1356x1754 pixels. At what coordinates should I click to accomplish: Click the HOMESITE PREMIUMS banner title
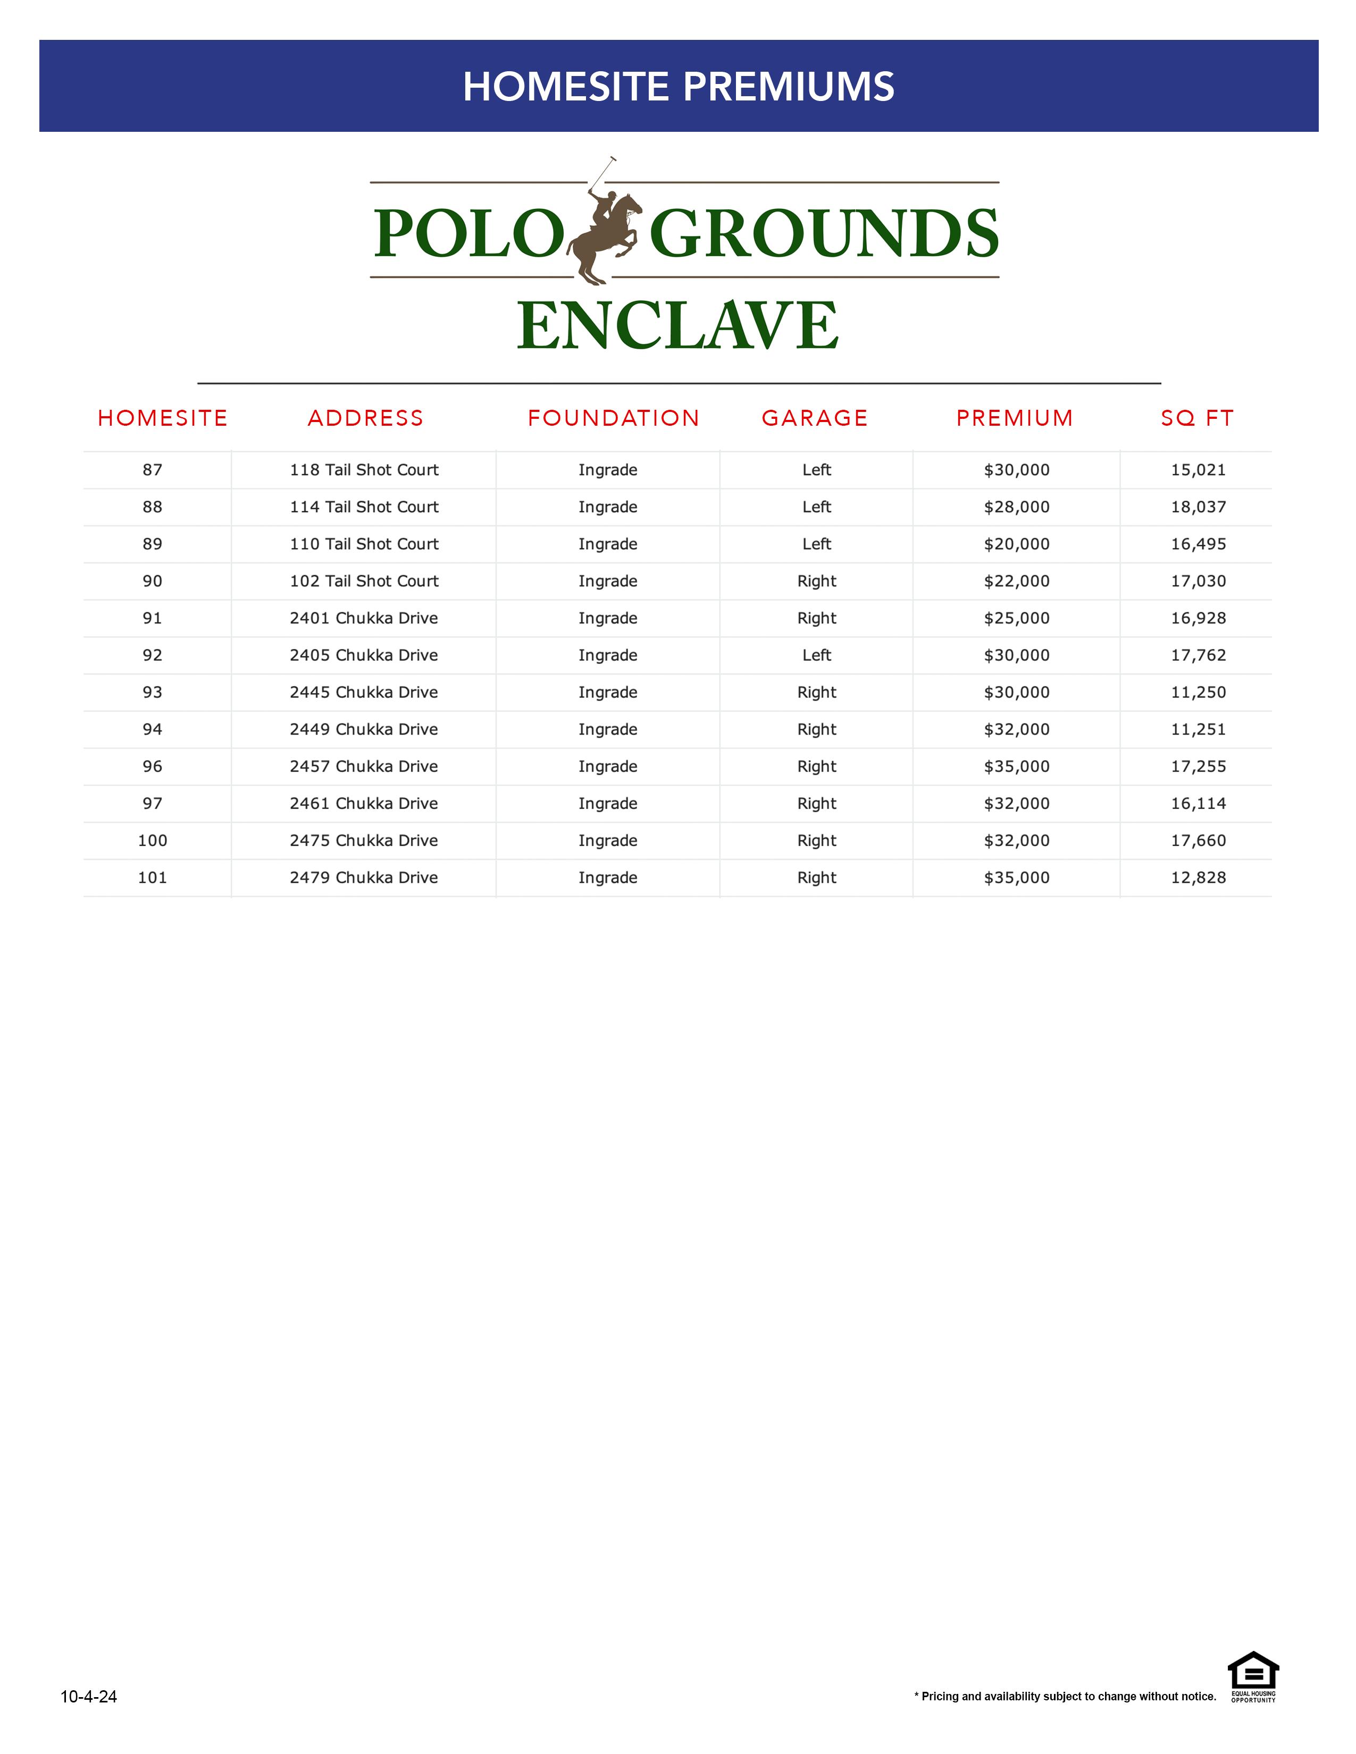click(x=678, y=87)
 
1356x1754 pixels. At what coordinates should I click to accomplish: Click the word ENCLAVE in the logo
click(x=678, y=325)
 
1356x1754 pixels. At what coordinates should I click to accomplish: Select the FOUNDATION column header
click(x=614, y=418)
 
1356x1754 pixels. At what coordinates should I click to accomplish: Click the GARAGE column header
click(x=815, y=418)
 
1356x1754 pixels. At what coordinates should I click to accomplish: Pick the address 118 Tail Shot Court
click(x=364, y=470)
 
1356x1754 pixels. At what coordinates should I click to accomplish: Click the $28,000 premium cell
click(x=1016, y=507)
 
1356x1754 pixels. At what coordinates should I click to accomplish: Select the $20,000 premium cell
click(x=1016, y=544)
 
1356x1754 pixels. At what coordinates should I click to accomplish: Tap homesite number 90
click(x=153, y=580)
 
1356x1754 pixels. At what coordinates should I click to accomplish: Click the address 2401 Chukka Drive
click(x=364, y=618)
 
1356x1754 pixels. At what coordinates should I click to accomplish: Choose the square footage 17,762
click(x=1198, y=655)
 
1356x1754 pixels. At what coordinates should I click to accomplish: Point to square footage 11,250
click(x=1198, y=692)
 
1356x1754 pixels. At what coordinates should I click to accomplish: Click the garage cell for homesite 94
click(x=816, y=729)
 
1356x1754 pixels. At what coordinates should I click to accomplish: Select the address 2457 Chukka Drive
click(x=364, y=766)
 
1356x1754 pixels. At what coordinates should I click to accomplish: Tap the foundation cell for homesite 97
click(x=607, y=803)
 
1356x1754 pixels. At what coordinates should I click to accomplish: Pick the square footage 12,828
click(x=1198, y=878)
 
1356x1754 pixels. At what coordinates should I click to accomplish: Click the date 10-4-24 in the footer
click(x=89, y=1696)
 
